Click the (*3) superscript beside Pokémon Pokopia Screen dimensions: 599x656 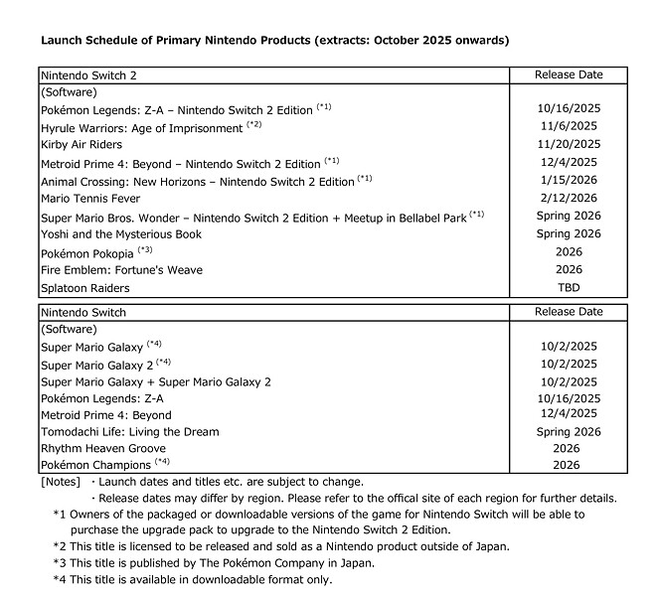(145, 249)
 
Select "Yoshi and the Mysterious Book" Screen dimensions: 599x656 (121, 234)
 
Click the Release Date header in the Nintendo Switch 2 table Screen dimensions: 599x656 (568, 75)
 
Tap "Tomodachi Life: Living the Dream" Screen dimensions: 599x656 (129, 432)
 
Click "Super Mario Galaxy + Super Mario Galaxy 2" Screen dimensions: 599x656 (156, 381)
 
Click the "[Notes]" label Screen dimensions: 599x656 (60, 482)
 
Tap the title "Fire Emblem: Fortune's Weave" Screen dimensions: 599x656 (121, 270)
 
